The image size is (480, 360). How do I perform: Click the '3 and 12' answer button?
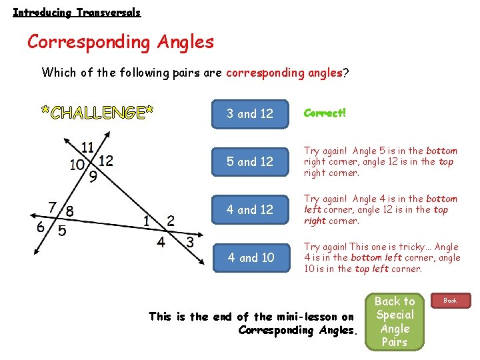pos(250,113)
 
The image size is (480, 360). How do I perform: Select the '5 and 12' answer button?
pos(250,161)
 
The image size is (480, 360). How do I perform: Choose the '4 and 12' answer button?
pos(250,209)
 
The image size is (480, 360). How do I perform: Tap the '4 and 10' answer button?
pos(251,257)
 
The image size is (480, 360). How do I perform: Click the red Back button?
pos(451,301)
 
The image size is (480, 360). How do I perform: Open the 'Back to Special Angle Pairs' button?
pos(394,321)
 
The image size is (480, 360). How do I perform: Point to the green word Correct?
pos(325,113)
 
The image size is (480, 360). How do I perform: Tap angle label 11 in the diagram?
pos(87,147)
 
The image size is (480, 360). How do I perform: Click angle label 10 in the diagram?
pos(77,164)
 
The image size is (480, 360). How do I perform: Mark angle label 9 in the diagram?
pos(93,177)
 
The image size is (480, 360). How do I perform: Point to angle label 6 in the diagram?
pos(41,227)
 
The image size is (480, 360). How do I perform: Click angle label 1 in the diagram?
pos(147,221)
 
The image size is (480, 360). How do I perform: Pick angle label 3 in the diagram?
pos(190,241)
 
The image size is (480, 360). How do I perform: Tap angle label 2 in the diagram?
pos(171,220)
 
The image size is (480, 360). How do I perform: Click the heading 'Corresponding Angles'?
pos(121,42)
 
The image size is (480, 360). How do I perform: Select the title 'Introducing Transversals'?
pos(77,12)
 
